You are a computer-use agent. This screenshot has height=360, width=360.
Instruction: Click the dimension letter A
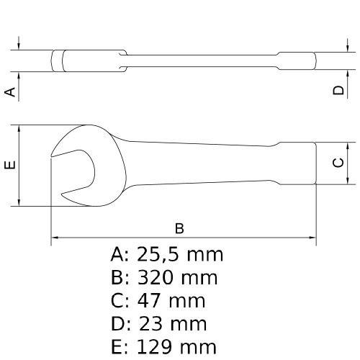tap(10, 91)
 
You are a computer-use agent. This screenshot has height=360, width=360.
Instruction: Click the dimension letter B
tap(180, 228)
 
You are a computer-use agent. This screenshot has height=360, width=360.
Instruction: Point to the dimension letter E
tap(10, 166)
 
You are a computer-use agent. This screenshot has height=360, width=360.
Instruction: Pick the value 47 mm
tap(170, 300)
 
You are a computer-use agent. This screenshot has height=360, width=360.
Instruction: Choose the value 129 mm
tap(176, 346)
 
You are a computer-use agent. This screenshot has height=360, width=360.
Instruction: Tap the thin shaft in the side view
tap(202, 59)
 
